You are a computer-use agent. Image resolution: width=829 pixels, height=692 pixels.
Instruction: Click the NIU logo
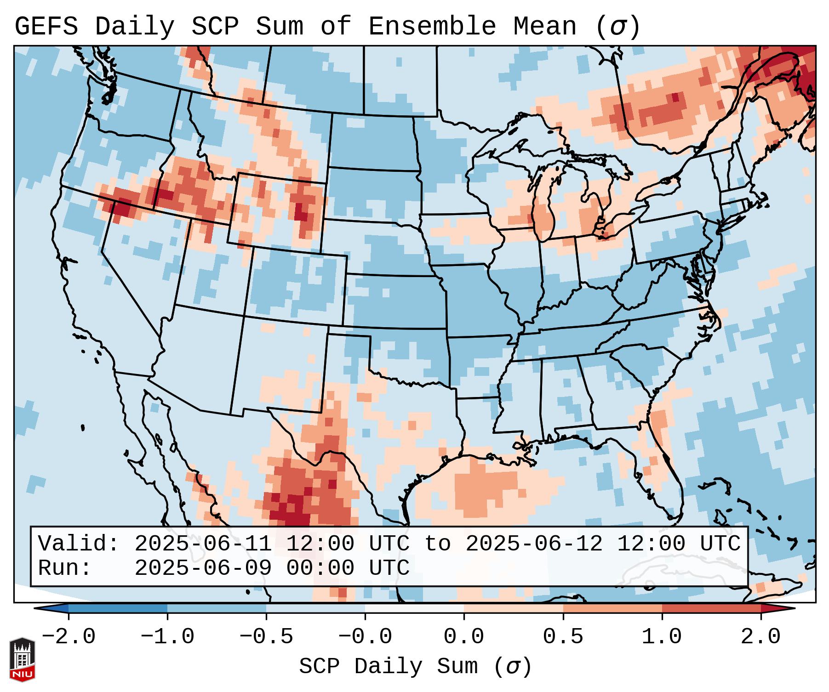22,659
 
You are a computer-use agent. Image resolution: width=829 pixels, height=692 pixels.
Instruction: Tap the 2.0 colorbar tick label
760,637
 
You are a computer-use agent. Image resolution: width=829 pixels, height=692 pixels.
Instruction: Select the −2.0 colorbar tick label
69,637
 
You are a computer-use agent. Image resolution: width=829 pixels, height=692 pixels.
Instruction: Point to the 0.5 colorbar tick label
563,637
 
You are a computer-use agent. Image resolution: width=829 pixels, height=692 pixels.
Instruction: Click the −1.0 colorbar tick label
167,637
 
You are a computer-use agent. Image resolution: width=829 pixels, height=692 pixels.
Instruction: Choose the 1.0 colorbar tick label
662,637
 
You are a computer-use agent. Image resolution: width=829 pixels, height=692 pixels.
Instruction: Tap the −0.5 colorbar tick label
266,637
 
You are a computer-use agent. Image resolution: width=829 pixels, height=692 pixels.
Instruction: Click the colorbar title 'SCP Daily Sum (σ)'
415,667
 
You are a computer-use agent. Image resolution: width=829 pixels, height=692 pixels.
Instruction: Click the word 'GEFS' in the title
46,27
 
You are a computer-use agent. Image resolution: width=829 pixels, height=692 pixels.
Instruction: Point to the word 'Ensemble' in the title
432,27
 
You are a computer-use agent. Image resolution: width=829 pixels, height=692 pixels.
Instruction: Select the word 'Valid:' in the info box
79,544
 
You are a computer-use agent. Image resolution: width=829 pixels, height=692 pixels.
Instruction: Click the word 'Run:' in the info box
65,568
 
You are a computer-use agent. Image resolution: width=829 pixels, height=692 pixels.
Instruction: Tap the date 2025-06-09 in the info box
203,568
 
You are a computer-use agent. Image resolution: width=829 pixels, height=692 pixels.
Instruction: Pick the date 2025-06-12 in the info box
534,544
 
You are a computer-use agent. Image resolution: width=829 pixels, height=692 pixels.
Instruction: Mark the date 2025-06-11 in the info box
203,544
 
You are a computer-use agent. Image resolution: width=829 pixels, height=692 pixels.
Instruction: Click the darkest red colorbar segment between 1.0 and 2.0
711,608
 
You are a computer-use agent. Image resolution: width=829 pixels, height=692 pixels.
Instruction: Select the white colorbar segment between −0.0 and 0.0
414,608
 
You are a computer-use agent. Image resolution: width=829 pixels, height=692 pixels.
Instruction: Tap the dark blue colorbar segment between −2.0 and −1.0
118,608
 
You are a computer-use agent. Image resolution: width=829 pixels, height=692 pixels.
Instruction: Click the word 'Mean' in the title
545,27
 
